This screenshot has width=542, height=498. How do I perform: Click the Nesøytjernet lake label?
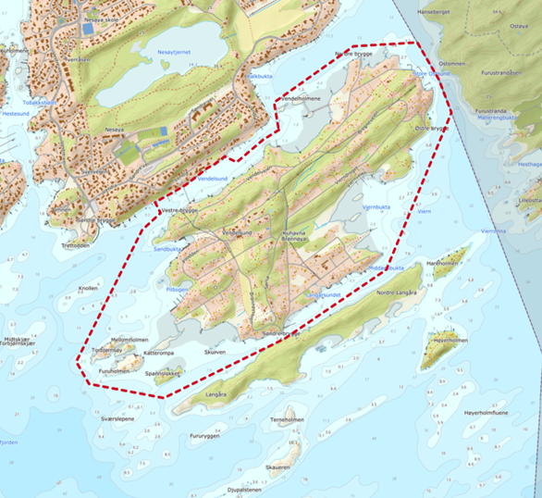tap(174, 54)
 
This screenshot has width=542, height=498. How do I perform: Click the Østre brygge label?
tap(430, 130)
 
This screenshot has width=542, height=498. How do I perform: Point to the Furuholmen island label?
tap(117, 370)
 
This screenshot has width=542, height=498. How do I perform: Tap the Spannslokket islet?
tap(163, 374)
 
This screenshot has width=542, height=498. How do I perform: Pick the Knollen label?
tap(89, 288)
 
